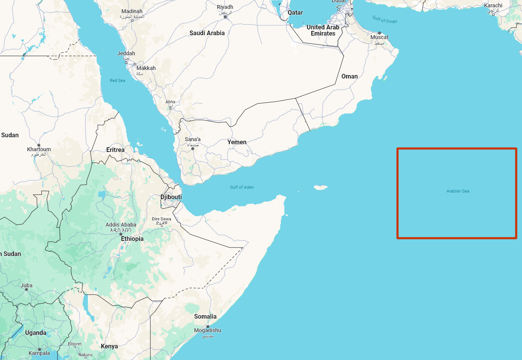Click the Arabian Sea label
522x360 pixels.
458,191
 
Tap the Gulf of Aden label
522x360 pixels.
242,187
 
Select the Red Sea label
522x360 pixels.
118,80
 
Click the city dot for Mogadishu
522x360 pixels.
208,326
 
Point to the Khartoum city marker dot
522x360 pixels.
39,145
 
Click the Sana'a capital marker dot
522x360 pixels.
193,148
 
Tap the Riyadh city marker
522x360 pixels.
225,17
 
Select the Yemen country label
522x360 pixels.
237,142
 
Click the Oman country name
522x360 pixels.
350,77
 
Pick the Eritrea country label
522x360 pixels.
115,150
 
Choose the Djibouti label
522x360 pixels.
171,197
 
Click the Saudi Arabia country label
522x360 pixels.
207,33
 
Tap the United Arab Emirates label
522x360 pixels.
323,31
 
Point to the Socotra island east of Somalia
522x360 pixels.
321,188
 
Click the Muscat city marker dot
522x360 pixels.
379,33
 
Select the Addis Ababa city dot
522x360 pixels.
121,234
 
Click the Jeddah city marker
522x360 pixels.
126,62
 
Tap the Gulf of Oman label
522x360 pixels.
385,19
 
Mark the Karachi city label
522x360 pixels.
493,6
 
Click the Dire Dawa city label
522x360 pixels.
161,219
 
